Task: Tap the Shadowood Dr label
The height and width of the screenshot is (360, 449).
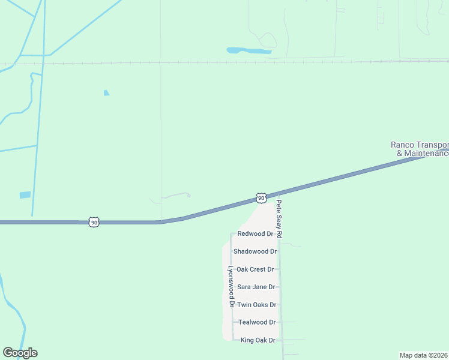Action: pos(255,251)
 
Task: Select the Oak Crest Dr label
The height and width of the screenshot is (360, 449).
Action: pos(255,269)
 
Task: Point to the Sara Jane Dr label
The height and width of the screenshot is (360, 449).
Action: pos(256,287)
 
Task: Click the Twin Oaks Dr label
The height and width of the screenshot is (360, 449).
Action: pos(256,305)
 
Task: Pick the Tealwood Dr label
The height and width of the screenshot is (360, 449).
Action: pos(257,322)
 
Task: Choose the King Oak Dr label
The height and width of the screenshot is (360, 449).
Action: pos(258,340)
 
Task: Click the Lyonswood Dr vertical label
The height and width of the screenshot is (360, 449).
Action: pos(230,287)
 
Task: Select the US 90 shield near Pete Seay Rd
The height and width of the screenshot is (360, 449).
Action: pos(261,197)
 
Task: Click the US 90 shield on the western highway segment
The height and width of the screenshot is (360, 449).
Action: pos(94,222)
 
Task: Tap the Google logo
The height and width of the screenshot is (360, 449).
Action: pos(20,353)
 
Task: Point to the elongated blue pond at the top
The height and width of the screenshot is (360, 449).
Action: pos(249,50)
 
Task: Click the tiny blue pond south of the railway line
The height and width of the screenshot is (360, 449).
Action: pos(106,92)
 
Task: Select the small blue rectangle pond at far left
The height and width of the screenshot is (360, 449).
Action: pos(25,195)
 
